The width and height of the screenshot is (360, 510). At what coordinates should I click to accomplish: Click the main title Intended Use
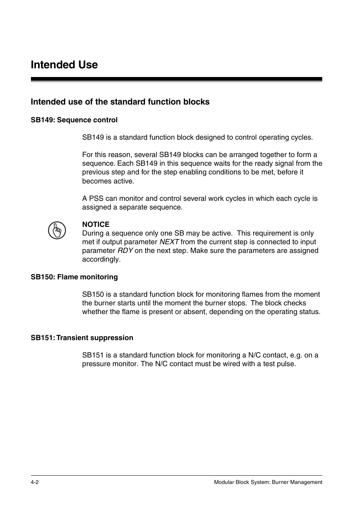coord(64,65)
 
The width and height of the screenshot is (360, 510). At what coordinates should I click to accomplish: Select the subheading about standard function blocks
coord(120,102)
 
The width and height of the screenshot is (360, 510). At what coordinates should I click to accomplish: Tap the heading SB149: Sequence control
coord(74,120)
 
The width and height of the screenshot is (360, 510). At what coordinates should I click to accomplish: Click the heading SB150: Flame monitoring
coord(74,277)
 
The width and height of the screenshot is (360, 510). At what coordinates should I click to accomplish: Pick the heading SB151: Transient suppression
coord(82,338)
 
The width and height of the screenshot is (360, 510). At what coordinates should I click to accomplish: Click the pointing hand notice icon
coord(57,230)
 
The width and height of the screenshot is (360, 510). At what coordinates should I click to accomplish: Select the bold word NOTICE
coord(95,225)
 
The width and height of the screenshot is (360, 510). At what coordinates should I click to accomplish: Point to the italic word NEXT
coord(169,242)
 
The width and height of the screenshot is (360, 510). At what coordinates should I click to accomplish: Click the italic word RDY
coord(125,251)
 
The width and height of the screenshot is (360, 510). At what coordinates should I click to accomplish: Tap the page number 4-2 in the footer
coord(35,482)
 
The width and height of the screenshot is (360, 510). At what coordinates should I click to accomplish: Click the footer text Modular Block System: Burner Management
coord(268,482)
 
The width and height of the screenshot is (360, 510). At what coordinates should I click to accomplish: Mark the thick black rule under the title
coord(176,79)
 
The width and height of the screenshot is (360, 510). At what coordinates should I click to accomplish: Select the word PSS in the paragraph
coord(96,199)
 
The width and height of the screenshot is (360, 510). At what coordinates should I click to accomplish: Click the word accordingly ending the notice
coord(101,259)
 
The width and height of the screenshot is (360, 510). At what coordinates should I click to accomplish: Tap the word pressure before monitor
coord(96,364)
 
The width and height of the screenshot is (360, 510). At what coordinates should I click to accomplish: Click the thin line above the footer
coord(176,475)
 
